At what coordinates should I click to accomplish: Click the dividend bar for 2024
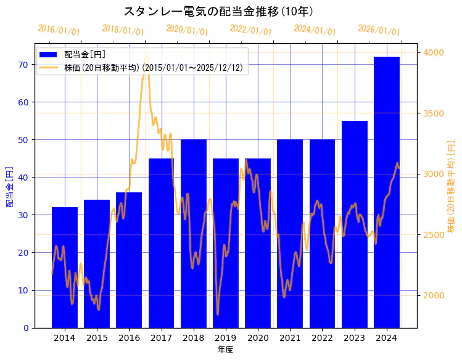(x=387, y=192)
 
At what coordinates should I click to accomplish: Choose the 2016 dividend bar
(x=129, y=260)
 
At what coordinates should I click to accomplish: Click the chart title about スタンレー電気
(x=218, y=12)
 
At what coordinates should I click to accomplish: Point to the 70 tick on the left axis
(x=23, y=64)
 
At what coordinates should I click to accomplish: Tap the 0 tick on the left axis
(x=26, y=328)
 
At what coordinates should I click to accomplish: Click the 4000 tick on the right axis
(x=433, y=53)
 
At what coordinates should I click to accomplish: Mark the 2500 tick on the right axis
(x=433, y=235)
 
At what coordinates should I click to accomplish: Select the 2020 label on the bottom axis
(x=258, y=338)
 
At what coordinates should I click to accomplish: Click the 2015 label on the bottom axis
(x=97, y=338)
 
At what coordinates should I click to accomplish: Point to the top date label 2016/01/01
(x=59, y=30)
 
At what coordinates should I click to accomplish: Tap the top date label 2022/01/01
(x=251, y=30)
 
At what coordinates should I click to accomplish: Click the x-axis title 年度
(x=225, y=350)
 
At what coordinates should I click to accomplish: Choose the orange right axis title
(x=452, y=187)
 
